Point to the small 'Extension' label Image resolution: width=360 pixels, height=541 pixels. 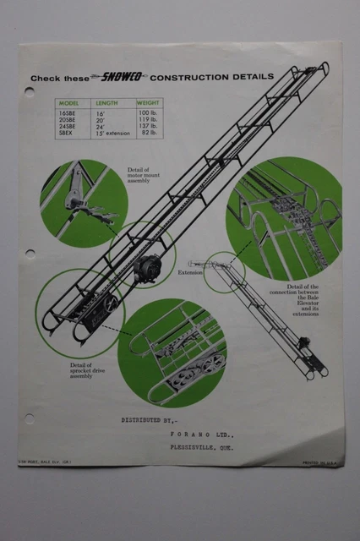(190, 273)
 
